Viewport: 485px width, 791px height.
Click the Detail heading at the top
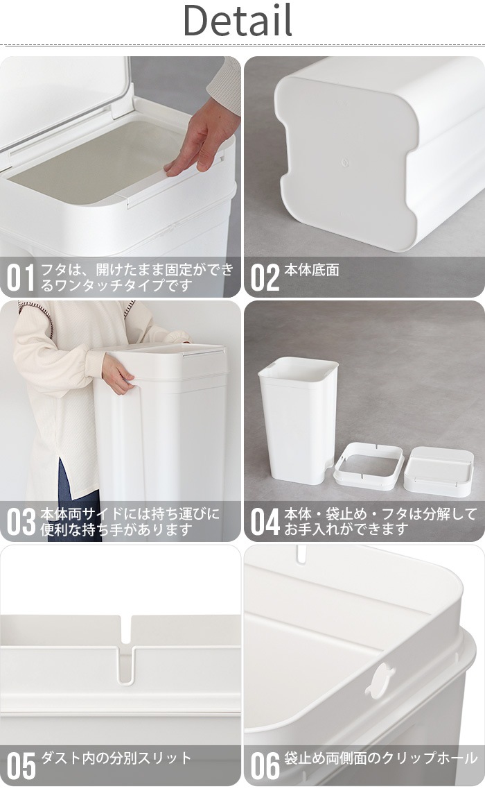[238, 22]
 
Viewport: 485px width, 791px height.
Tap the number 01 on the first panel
[20, 278]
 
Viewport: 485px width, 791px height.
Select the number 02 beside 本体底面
[264, 278]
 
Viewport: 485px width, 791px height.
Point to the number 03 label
[21, 522]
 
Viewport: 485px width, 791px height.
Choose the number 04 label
[265, 522]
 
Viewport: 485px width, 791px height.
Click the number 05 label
[21, 766]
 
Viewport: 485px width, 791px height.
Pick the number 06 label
[265, 766]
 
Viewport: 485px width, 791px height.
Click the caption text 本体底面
[312, 271]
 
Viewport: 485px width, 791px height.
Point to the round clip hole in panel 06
[379, 681]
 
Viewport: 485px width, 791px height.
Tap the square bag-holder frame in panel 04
[368, 466]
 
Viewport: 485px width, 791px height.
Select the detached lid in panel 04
[439, 470]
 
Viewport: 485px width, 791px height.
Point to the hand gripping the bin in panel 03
[117, 375]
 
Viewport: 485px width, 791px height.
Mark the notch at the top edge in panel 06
[301, 553]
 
